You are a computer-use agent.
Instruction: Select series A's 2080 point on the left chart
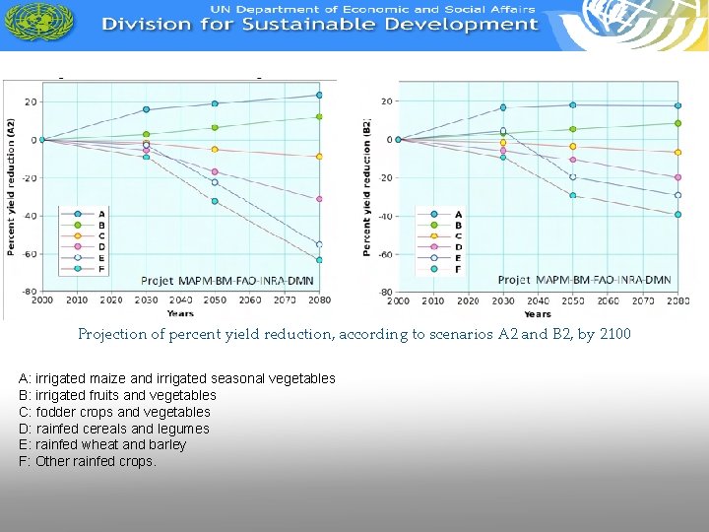point(319,96)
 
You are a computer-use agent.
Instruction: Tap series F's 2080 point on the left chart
point(319,260)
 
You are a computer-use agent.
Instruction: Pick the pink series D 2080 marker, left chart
point(319,199)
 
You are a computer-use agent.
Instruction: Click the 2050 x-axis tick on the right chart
point(572,301)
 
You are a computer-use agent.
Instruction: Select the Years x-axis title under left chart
point(180,313)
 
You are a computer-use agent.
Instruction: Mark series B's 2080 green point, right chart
point(677,123)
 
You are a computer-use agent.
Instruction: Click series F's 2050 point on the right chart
point(572,195)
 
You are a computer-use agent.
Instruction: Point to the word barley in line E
point(166,444)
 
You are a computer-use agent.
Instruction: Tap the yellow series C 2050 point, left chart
point(215,150)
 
